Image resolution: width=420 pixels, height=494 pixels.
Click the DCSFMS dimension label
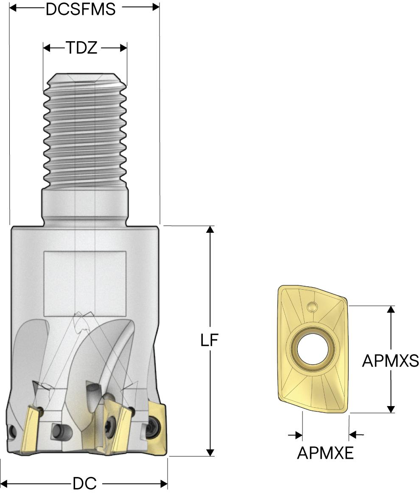click(80, 9)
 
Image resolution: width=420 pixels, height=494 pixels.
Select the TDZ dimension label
click(81, 48)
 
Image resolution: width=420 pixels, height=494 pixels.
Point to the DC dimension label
click(85, 483)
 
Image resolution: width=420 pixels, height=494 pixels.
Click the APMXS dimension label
click(390, 361)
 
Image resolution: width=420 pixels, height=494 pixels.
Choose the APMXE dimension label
click(325, 453)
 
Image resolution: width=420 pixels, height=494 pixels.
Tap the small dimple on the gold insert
click(313, 306)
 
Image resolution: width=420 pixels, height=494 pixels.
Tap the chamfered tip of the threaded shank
click(85, 79)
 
